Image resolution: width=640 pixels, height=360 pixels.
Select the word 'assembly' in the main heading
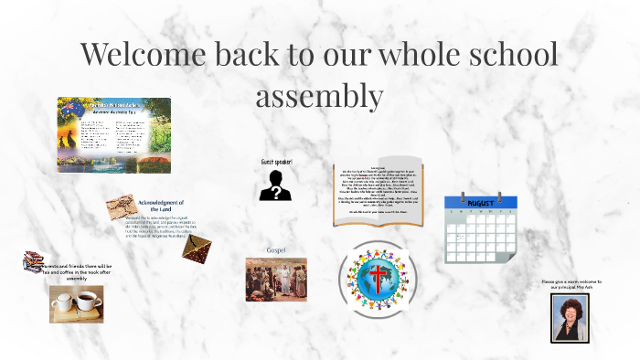[319, 93]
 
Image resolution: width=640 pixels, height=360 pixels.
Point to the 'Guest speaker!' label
[277, 162]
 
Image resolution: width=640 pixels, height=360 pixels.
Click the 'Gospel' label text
[276, 249]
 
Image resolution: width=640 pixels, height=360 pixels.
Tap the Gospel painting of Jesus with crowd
[276, 279]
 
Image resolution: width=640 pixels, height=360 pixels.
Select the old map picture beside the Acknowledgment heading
[121, 207]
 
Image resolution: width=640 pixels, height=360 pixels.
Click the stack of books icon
[34, 262]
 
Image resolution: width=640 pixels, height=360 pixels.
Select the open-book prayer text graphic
[385, 193]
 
